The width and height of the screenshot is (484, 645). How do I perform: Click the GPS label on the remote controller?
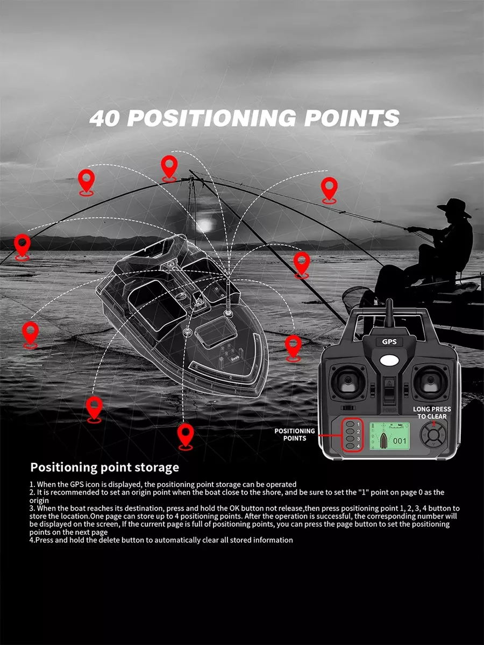pos(389,342)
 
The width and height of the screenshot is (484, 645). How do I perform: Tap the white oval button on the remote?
pos(390,360)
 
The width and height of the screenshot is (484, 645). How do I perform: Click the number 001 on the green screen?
pos(400,441)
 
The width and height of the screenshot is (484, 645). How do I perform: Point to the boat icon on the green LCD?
pos(383,440)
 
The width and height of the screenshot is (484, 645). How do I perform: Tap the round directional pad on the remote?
pos(432,435)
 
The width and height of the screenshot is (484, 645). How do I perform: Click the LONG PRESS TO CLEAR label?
pos(432,413)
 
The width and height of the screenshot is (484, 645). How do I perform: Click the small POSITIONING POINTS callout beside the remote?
pos(295,435)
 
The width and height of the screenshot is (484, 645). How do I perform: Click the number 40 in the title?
pos(105,118)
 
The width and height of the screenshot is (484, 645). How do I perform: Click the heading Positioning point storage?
pos(105,467)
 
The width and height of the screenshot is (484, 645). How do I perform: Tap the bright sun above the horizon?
pos(205,225)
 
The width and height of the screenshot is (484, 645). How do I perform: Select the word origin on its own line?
pos(39,500)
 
